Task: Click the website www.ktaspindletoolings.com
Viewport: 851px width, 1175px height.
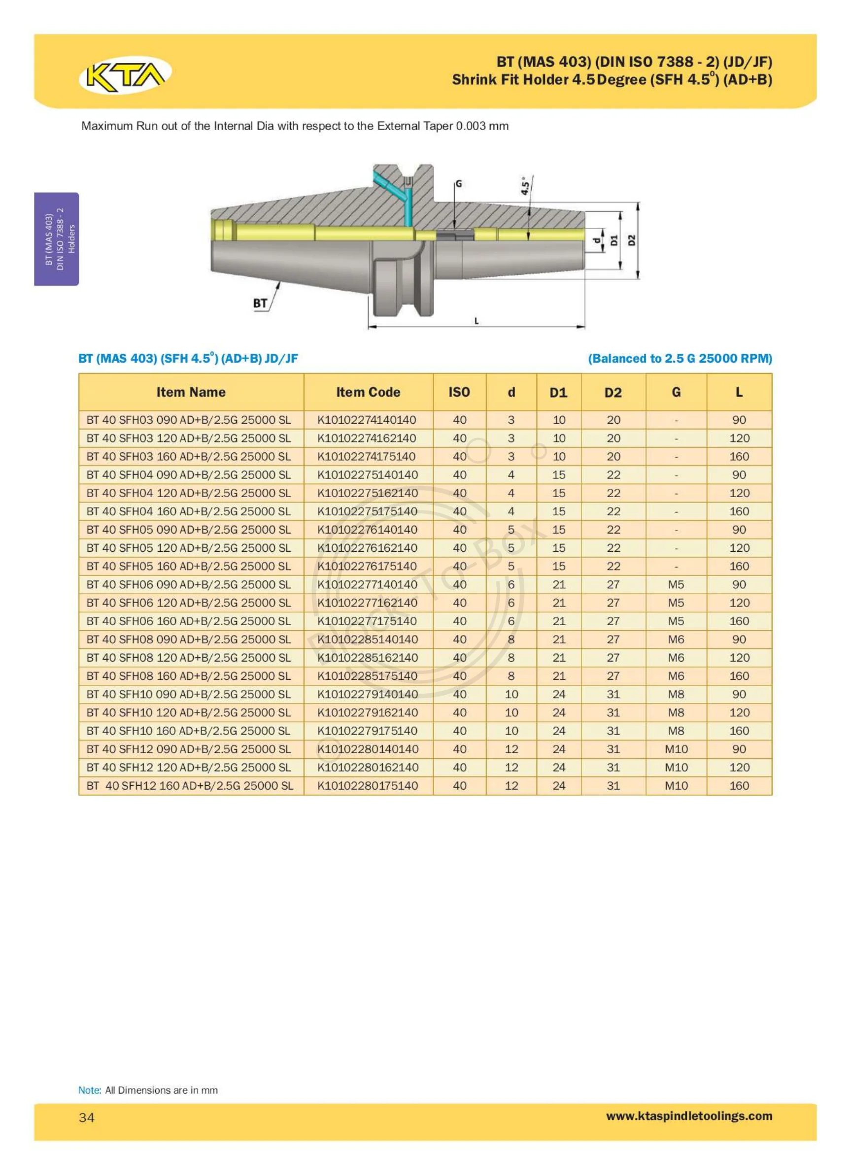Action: pyautogui.click(x=689, y=1115)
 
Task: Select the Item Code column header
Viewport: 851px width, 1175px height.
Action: pyautogui.click(x=368, y=392)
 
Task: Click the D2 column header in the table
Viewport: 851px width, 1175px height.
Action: pyautogui.click(x=613, y=393)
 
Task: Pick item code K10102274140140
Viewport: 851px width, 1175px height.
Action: pyautogui.click(x=367, y=420)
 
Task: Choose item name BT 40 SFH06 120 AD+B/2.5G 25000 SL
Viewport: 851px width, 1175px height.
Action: pyautogui.click(x=189, y=603)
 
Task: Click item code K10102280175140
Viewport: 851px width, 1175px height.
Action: pyautogui.click(x=368, y=785)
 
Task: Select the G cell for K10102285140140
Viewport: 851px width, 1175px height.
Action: pyautogui.click(x=676, y=639)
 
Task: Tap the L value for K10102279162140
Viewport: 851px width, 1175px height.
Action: pyautogui.click(x=739, y=712)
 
